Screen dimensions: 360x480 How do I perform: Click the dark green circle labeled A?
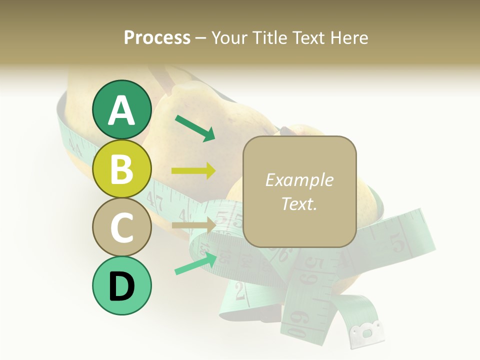[121, 109]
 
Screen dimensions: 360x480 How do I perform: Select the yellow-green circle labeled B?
[121, 168]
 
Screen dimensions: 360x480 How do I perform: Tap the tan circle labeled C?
[121, 227]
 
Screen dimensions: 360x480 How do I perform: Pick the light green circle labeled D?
[121, 285]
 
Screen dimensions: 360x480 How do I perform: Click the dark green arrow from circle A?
[195, 128]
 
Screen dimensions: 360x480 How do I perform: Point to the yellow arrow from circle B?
[193, 171]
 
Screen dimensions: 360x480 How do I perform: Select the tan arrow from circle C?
[193, 225]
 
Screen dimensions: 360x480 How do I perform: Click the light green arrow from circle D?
[195, 263]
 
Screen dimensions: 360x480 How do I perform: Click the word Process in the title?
[157, 37]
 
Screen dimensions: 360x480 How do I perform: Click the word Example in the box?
[299, 180]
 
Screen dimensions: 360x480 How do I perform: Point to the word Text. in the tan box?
[299, 203]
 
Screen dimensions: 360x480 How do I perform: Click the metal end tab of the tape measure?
[367, 332]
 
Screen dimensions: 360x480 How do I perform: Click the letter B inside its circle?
[121, 169]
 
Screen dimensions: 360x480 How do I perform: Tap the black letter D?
[121, 286]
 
